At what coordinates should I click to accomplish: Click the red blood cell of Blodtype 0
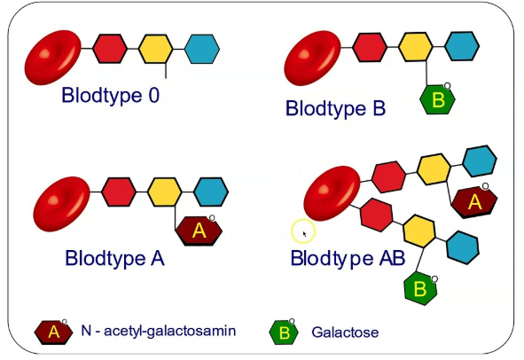53,58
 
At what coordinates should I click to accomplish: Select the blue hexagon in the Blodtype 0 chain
202,49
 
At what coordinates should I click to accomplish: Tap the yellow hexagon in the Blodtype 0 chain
156,49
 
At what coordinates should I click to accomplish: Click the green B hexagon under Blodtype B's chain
437,99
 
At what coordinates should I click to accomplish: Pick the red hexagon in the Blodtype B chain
370,47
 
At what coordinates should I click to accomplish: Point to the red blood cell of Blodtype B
312,58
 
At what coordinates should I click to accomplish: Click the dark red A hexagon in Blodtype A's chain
199,231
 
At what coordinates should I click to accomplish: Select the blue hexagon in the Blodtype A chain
211,192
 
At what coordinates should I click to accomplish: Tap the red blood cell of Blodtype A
62,204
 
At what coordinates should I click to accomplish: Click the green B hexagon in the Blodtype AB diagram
420,288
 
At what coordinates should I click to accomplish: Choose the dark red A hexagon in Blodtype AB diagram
474,202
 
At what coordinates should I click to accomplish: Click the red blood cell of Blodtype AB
332,193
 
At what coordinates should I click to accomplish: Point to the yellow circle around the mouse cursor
303,231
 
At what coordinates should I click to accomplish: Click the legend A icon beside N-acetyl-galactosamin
53,333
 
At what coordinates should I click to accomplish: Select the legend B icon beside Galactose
284,333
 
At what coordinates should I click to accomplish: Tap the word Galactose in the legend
345,333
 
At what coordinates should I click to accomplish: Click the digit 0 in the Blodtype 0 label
153,95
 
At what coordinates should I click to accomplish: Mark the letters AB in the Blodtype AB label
392,258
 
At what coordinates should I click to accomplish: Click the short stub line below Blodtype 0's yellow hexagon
166,71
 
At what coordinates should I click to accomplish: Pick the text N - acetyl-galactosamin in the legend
159,331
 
